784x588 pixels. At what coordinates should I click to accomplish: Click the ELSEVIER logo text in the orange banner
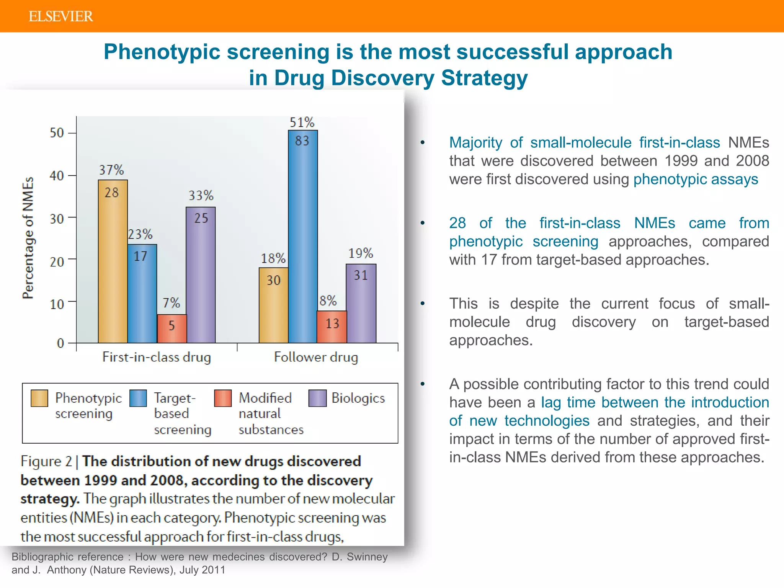click(60, 16)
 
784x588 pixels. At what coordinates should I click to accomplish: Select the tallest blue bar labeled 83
click(303, 237)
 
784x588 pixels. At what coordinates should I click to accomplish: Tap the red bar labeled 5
click(171, 328)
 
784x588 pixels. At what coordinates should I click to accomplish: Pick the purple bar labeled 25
click(201, 276)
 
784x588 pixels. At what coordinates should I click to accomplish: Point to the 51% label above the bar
click(302, 122)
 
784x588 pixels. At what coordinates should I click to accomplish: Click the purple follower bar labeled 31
click(361, 304)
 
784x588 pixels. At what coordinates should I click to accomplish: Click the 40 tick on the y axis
click(57, 176)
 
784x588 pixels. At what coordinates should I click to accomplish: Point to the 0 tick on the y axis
click(60, 343)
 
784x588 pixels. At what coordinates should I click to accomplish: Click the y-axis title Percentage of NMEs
click(28, 237)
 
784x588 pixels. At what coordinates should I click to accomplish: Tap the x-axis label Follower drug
click(316, 357)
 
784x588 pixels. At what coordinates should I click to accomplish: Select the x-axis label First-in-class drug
click(157, 357)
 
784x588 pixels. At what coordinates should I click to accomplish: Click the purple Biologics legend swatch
click(317, 398)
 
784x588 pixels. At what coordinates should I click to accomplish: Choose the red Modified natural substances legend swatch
click(223, 398)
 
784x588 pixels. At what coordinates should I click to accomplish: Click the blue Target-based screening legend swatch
click(138, 398)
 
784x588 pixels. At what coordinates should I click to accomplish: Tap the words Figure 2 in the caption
click(46, 461)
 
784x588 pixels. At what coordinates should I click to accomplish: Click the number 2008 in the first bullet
click(752, 161)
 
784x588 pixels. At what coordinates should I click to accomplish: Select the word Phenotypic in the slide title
click(162, 52)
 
